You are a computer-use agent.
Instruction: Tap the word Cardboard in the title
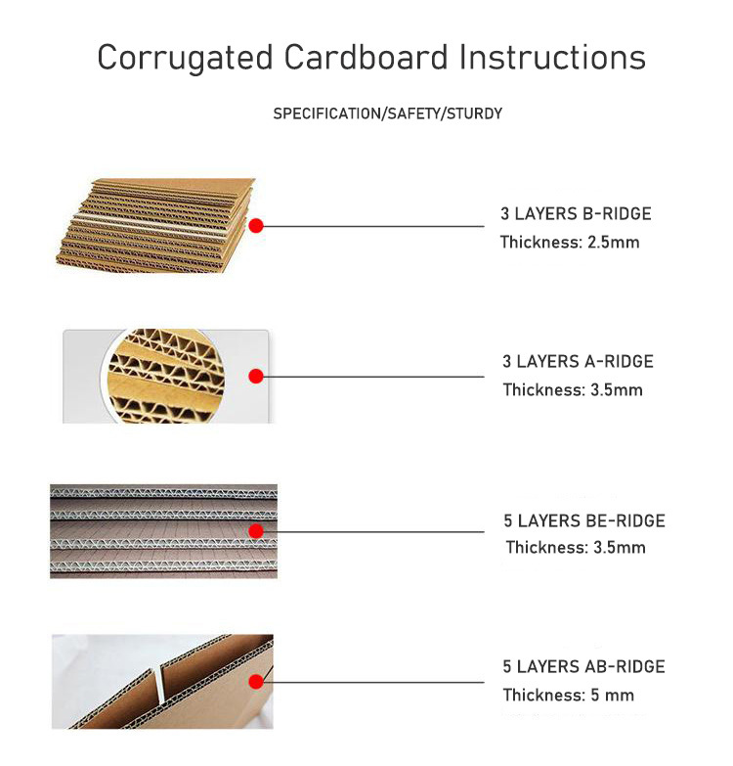[366, 57]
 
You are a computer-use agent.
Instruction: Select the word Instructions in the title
[552, 57]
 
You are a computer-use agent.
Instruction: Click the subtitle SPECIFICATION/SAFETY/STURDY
[387, 113]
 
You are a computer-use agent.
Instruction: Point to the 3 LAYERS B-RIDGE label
[576, 214]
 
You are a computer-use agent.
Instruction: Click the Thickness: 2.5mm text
[570, 243]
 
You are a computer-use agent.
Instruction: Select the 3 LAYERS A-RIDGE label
[578, 362]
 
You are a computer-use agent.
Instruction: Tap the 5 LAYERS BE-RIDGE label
[584, 520]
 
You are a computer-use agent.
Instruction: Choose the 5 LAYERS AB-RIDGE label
[583, 666]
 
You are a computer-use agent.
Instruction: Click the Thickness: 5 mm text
[569, 695]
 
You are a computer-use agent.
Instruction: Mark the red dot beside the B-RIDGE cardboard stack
[256, 226]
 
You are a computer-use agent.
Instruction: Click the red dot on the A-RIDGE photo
[256, 377]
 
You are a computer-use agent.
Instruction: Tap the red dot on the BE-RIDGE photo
[256, 531]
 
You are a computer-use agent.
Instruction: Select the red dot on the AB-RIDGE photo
[256, 682]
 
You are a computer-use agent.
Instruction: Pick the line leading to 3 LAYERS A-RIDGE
[373, 377]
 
